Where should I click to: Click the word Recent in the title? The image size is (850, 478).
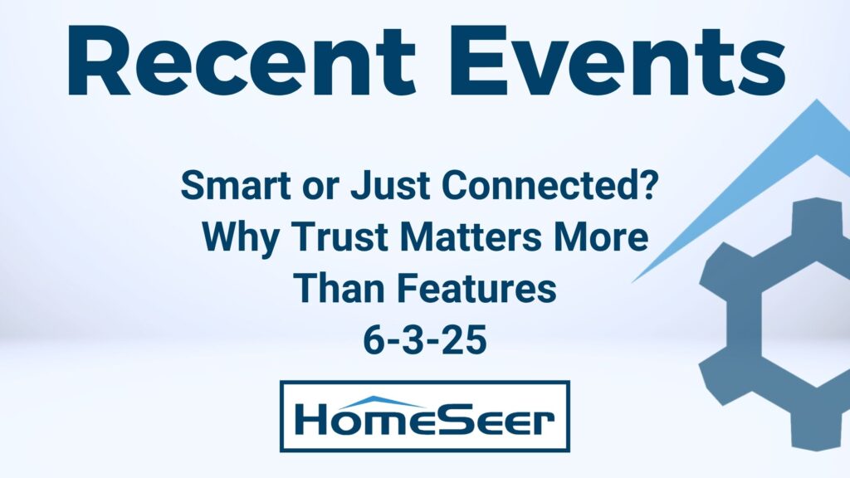click(x=242, y=60)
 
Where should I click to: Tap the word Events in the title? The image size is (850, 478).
click(x=618, y=60)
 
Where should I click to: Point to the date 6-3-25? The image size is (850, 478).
click(x=424, y=340)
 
